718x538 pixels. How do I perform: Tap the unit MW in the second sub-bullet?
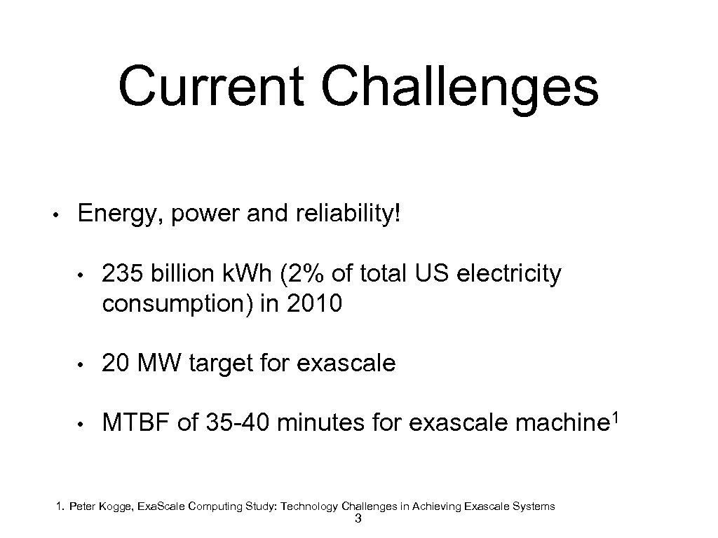[x=160, y=363]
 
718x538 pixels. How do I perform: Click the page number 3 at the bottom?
[x=358, y=519]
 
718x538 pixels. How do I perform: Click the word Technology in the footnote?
[x=313, y=506]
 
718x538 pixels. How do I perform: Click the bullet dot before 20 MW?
[x=81, y=364]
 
